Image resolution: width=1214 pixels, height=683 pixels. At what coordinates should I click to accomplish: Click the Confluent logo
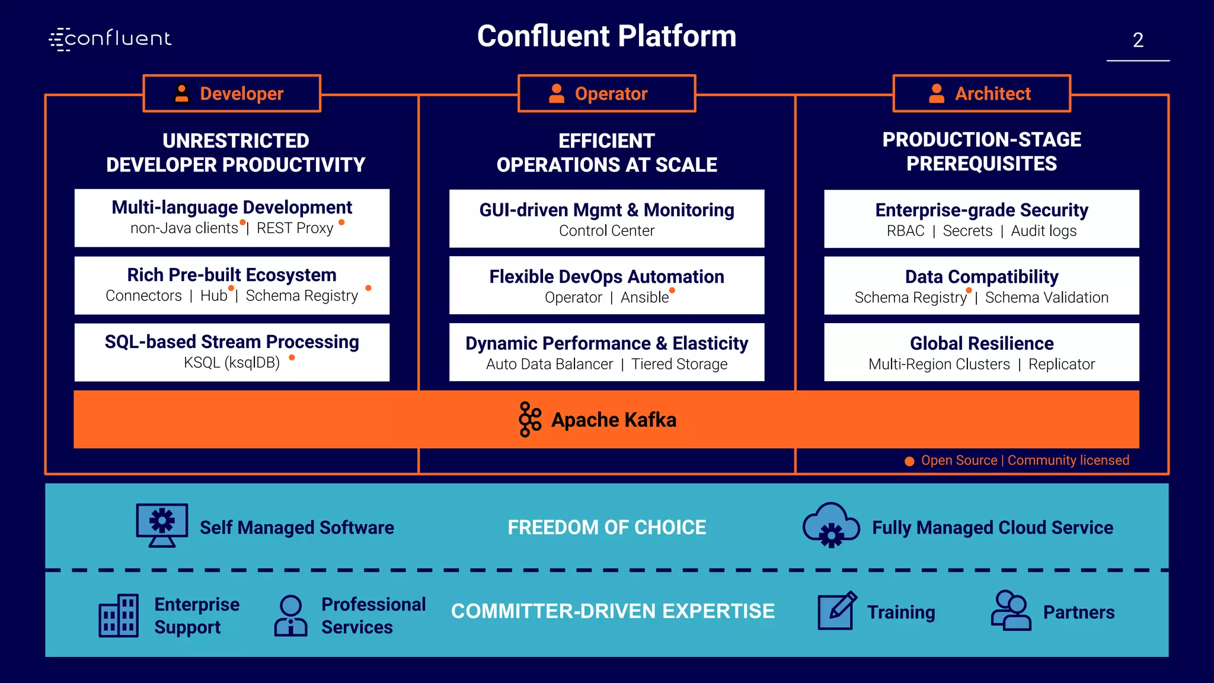coord(110,39)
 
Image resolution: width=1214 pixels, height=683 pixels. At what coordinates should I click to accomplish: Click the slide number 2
coord(1138,40)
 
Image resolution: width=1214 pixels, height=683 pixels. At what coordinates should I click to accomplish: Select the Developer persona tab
coord(232,94)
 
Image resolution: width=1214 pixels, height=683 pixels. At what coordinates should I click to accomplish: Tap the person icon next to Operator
coord(557,94)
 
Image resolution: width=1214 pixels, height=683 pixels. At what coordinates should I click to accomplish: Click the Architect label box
coord(982,94)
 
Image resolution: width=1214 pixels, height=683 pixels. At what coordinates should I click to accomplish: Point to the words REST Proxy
coord(295,228)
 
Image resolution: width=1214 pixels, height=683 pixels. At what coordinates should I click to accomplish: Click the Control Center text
coord(606,231)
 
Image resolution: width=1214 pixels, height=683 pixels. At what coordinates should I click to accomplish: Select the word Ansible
coord(644,297)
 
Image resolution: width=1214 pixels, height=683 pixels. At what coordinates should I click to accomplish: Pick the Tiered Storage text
coord(679,364)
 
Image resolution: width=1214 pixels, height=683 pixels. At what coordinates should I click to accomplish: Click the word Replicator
coord(1062,364)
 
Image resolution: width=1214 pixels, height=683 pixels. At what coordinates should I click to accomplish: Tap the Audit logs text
coord(1044,231)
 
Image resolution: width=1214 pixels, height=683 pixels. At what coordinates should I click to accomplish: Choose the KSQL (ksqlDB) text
coord(232,362)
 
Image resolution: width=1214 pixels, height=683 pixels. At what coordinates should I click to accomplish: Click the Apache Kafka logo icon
coord(529,419)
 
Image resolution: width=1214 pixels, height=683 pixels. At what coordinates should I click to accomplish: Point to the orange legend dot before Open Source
coord(909,461)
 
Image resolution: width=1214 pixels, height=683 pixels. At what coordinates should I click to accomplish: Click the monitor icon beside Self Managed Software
coord(162,525)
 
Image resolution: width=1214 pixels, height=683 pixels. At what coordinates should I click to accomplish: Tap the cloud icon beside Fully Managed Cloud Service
coord(831,525)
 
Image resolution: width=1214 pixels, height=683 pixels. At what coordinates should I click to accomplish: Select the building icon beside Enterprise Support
coord(119,615)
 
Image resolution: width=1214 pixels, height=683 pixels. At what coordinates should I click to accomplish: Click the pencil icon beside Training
coord(837,611)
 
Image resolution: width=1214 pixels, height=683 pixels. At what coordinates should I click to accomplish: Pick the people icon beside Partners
coord(1011,611)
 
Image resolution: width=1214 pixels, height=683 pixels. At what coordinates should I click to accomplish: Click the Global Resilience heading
coord(982,343)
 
